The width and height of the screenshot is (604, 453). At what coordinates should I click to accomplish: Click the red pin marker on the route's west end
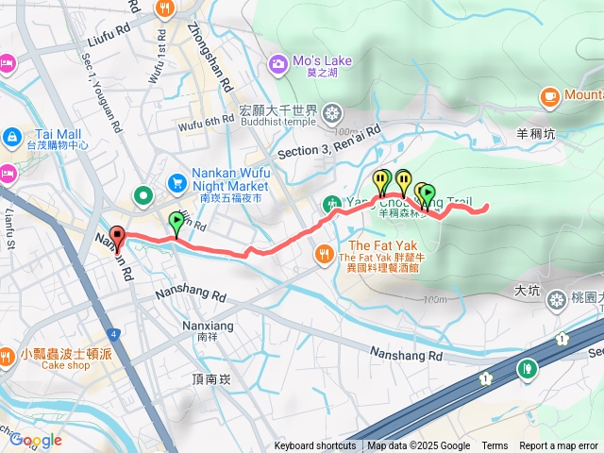(117, 239)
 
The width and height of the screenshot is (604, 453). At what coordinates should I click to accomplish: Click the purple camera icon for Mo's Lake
(278, 64)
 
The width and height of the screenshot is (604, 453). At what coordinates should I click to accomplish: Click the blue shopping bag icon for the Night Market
(176, 181)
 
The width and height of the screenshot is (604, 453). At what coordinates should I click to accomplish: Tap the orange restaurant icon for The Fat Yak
(324, 252)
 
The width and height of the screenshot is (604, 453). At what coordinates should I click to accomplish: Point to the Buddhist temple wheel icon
(332, 115)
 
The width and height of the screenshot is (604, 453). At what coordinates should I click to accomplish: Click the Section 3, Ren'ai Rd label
(328, 142)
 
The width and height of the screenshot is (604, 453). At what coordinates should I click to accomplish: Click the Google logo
(36, 440)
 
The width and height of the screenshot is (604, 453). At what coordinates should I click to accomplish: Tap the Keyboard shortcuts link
(316, 446)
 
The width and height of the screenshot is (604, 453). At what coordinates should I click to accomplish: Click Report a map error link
(560, 446)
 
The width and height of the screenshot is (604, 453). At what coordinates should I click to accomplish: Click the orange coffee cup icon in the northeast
(550, 95)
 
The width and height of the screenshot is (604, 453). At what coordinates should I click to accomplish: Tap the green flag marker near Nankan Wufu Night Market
(176, 224)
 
